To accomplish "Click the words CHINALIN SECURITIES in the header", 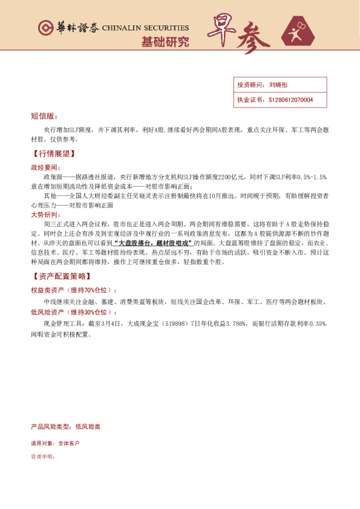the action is [x=145, y=28].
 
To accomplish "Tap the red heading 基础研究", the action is [x=165, y=42].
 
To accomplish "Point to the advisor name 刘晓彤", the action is [x=279, y=85].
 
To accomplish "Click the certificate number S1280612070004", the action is [x=291, y=100].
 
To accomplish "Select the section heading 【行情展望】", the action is [x=53, y=154].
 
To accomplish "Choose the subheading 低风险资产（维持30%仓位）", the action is [x=74, y=312].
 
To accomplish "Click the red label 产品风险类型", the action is [x=51, y=427].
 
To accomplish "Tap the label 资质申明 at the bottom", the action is [x=42, y=457].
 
